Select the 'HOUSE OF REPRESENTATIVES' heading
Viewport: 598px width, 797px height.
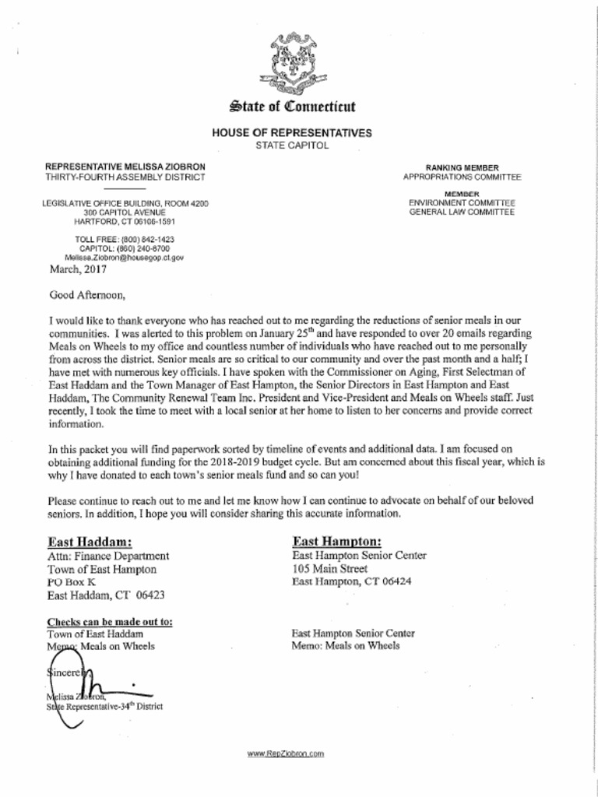point(292,133)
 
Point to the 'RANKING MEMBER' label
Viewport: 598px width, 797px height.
point(462,167)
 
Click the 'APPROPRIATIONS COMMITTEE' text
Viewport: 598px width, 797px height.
point(462,177)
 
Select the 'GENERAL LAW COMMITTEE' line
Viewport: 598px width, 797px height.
point(462,212)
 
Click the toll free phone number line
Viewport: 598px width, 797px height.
point(125,239)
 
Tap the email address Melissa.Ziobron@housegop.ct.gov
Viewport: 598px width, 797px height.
point(124,257)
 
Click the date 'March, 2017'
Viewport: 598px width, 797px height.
point(78,270)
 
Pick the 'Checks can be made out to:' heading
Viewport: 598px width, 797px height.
point(111,622)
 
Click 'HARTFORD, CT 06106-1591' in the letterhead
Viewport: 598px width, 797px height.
point(125,221)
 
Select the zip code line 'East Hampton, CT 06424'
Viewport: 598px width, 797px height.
point(352,581)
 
